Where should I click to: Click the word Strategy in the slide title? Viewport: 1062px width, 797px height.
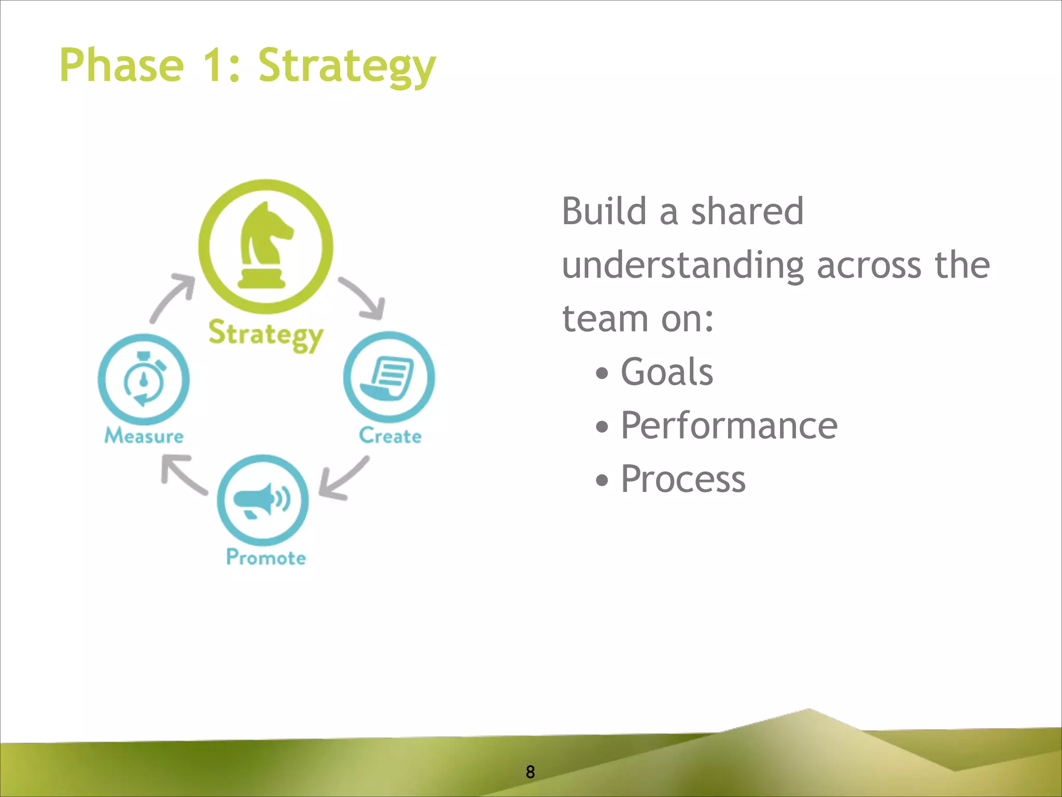coord(346,66)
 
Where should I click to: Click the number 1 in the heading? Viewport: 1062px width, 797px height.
coord(213,65)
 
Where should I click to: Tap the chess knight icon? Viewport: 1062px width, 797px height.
coord(265,245)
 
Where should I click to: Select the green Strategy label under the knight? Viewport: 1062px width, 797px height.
coord(265,335)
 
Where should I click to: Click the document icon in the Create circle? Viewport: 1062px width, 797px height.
coord(388,378)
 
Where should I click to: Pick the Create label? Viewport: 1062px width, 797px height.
coord(390,436)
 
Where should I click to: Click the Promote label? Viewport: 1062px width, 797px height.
coord(266,558)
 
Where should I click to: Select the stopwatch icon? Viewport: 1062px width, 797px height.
coord(144,379)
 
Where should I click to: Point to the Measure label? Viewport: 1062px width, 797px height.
coord(144,436)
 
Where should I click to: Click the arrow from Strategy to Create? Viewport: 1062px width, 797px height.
coord(365,298)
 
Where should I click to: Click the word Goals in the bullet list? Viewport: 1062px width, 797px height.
coord(666,372)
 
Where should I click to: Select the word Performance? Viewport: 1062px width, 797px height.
coord(729,425)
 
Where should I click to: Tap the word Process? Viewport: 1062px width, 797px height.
coord(683,479)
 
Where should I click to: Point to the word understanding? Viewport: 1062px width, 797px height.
coord(682,266)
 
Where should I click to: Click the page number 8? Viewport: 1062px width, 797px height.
coord(530,772)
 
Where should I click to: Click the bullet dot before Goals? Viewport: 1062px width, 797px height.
coord(602,374)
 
